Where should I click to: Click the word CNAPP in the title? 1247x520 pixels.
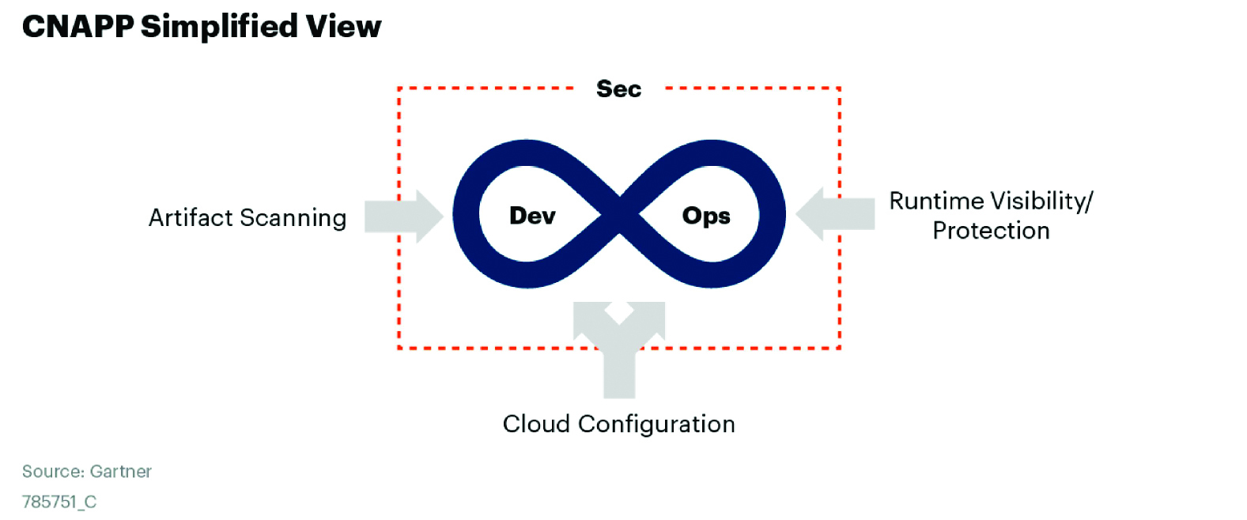(x=77, y=27)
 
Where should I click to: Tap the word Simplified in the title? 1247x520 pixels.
(x=220, y=27)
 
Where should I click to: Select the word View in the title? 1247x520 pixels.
(x=344, y=27)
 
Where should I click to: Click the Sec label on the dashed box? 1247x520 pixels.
(x=618, y=89)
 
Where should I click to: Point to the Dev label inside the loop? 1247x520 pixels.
(x=532, y=216)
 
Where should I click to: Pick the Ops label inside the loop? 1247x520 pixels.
(x=706, y=216)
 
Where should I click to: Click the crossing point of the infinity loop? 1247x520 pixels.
(x=619, y=214)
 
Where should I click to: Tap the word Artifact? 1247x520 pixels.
(x=191, y=217)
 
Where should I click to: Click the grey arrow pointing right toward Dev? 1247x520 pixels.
(x=403, y=216)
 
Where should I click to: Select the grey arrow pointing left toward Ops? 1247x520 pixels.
(x=835, y=213)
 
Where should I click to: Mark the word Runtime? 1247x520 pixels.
(x=936, y=201)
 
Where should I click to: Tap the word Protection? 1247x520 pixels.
(x=991, y=231)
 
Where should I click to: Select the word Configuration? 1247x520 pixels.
(x=656, y=424)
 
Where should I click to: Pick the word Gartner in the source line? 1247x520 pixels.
(x=120, y=472)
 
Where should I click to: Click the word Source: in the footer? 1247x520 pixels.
(x=53, y=472)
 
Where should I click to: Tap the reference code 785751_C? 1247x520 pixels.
(x=59, y=502)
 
